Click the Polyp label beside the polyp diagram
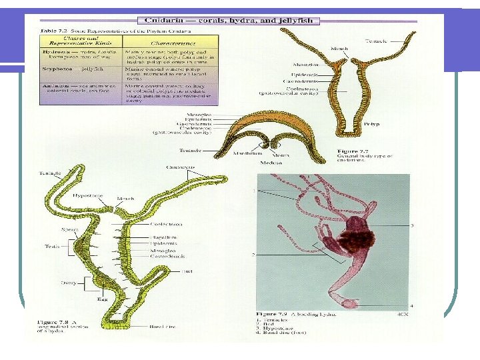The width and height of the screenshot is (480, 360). (x=371, y=124)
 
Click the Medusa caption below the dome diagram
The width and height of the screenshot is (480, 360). (x=271, y=162)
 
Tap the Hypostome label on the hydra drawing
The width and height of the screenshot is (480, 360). (x=87, y=196)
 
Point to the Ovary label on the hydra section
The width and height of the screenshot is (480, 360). (x=69, y=283)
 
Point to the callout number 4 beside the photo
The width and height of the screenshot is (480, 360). (x=412, y=305)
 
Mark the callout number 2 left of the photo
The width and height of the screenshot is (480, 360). (x=254, y=255)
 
